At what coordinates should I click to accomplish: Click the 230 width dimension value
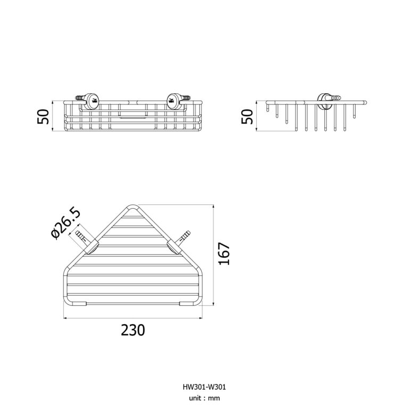click(133, 330)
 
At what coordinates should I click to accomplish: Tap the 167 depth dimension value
click(224, 254)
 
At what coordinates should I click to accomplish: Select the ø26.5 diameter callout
click(66, 224)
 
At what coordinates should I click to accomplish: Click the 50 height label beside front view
click(43, 117)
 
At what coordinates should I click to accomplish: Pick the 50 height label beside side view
click(247, 117)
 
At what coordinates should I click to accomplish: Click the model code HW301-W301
click(204, 387)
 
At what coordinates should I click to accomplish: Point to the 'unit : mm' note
click(204, 398)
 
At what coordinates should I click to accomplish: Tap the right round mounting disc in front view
click(171, 101)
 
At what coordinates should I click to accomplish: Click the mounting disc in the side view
click(324, 101)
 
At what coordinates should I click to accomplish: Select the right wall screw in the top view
click(184, 236)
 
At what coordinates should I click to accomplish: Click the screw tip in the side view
click(336, 98)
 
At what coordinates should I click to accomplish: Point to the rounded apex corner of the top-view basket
click(133, 206)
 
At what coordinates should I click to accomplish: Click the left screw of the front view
click(80, 98)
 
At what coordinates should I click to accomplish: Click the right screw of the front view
click(185, 98)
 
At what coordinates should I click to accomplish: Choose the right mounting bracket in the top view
click(173, 247)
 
